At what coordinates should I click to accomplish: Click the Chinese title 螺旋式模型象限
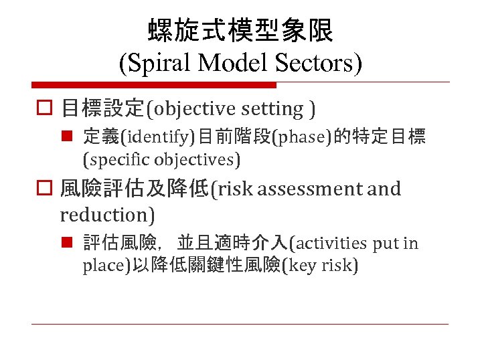240,29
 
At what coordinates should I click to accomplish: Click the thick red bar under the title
153,85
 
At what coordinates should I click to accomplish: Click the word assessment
309,189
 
